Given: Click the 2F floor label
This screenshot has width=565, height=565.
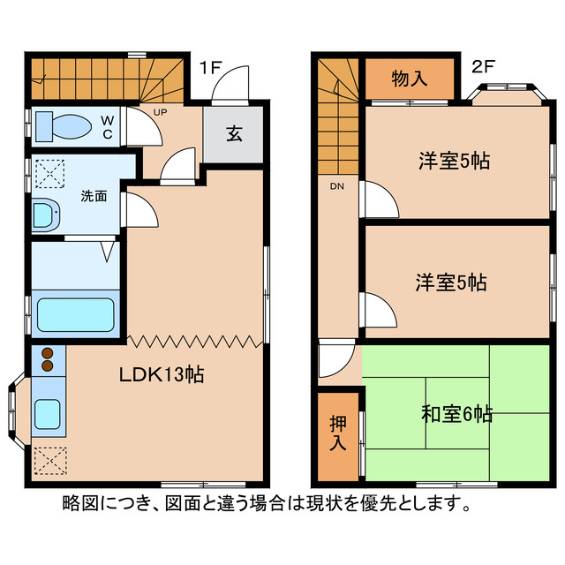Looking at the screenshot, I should (482, 67).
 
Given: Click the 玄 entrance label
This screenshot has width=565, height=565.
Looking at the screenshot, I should (233, 134).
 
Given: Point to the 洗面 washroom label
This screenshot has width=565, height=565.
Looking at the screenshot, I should (94, 195).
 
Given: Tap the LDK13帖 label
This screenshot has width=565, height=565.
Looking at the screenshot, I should (162, 374).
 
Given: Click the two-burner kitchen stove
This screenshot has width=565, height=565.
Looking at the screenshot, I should (48, 359).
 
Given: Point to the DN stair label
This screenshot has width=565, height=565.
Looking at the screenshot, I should (337, 187).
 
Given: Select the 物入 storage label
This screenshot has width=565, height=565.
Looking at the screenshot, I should (409, 79).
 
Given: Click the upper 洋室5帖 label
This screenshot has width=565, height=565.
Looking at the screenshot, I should (454, 162).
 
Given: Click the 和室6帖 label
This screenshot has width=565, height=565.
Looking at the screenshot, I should (457, 413).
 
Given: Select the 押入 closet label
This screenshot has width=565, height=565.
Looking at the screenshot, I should (339, 433).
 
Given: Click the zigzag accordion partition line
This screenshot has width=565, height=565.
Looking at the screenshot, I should (195, 340).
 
